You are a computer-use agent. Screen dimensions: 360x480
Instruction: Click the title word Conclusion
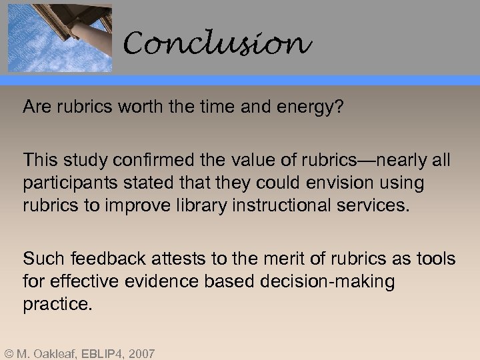coord(217,44)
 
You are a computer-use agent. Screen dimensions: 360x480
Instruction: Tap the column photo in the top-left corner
coord(59,37)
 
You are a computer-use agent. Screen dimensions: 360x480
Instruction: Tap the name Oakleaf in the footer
coord(55,353)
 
